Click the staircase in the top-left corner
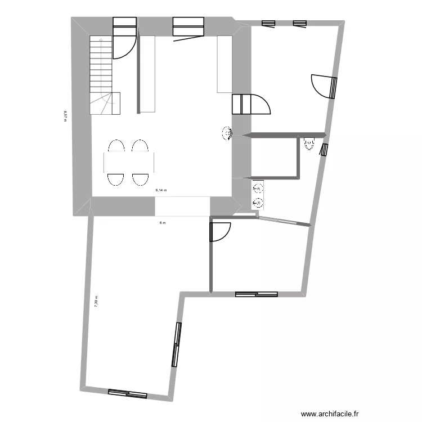click(101, 73)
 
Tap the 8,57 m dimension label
click(65, 115)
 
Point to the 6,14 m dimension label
click(161, 190)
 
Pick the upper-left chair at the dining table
click(116, 146)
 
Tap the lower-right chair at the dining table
click(140, 179)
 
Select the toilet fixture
click(309, 144)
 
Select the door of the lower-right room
click(221, 232)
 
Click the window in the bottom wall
click(127, 394)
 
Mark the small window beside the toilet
click(324, 150)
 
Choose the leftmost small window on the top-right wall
click(268, 23)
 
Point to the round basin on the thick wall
click(228, 133)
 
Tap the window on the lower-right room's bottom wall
click(257, 294)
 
